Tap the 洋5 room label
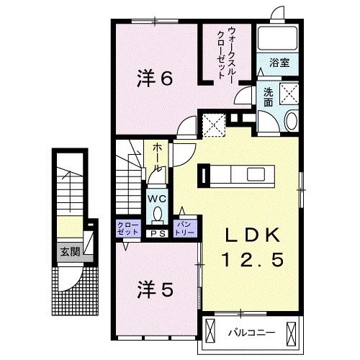coord(154,289)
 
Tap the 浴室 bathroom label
coord(279,63)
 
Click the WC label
coord(158,198)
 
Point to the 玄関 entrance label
coord(70,252)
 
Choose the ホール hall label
coord(156,156)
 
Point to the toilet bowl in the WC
coord(158,214)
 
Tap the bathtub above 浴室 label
coord(278,41)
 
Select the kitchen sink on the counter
coord(257,174)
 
